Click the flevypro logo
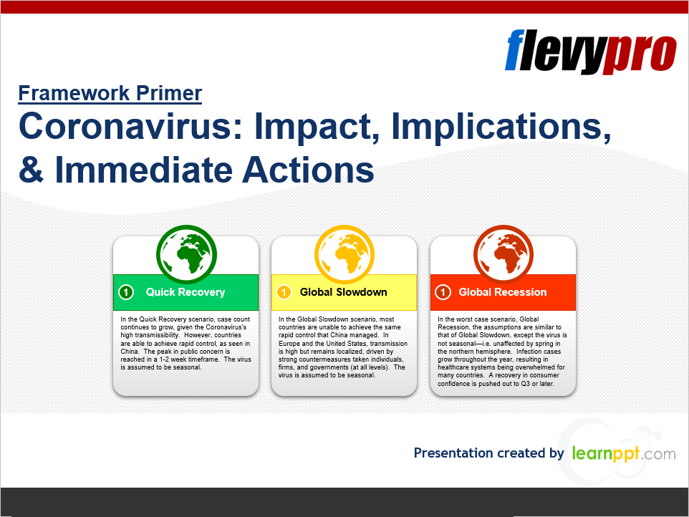pyautogui.click(x=591, y=52)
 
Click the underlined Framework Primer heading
pyautogui.click(x=110, y=93)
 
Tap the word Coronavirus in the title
pyautogui.click(x=130, y=126)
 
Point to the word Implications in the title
pyautogui.click(x=501, y=127)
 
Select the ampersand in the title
pyautogui.click(x=32, y=170)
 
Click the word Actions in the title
pyautogui.click(x=308, y=170)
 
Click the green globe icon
pyautogui.click(x=186, y=254)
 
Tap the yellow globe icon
pyautogui.click(x=344, y=254)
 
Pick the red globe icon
pyautogui.click(x=503, y=254)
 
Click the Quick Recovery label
pyautogui.click(x=185, y=292)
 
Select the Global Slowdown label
pyautogui.click(x=344, y=292)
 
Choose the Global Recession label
pyautogui.click(x=503, y=292)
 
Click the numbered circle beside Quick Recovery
pyautogui.click(x=126, y=292)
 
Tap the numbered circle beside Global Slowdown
pyautogui.click(x=284, y=292)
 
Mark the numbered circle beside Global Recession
pyautogui.click(x=443, y=292)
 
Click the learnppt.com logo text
pyautogui.click(x=624, y=453)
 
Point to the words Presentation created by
pyautogui.click(x=488, y=453)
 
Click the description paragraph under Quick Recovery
pyautogui.click(x=186, y=343)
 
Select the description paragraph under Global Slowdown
pyautogui.click(x=343, y=347)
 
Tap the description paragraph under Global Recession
pyautogui.click(x=502, y=352)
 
